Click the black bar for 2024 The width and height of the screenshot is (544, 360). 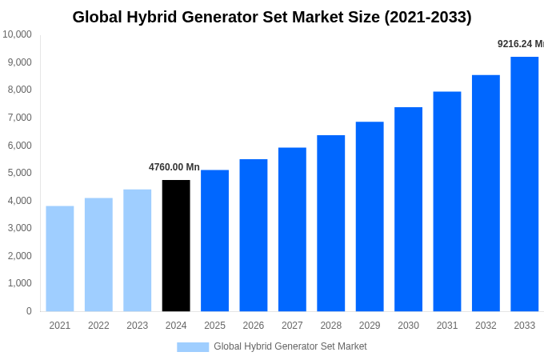tap(176, 246)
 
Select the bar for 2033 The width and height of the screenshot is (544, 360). tap(524, 184)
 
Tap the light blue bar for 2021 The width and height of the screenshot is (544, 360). tap(60, 258)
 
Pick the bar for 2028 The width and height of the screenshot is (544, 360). tap(330, 223)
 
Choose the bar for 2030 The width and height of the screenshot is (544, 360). tap(408, 209)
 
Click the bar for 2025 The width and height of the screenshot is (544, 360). tap(214, 240)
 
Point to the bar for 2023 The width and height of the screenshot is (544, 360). tap(137, 250)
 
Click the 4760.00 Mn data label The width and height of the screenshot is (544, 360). tap(174, 167)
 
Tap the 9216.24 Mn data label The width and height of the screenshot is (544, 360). tap(520, 44)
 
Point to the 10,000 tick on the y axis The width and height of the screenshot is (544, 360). tap(17, 34)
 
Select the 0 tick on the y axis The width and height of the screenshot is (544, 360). tap(29, 311)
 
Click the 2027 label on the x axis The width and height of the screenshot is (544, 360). tap(292, 326)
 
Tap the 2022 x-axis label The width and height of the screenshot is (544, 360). tap(98, 326)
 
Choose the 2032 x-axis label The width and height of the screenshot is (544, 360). tap(486, 326)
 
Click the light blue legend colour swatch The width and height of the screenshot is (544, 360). tap(193, 347)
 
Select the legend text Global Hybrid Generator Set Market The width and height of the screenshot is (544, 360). tap(290, 346)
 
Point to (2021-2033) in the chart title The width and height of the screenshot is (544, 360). tap(427, 17)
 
